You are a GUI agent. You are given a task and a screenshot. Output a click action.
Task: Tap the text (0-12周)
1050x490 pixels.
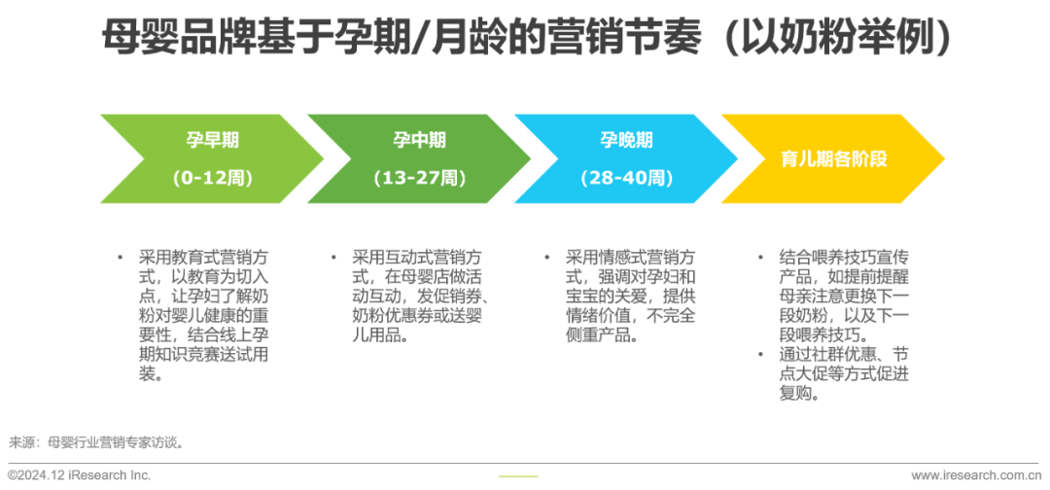212,178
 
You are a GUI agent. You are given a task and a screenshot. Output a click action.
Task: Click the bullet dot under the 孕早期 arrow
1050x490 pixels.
121,258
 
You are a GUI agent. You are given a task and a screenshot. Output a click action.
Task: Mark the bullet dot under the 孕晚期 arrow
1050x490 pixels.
546,258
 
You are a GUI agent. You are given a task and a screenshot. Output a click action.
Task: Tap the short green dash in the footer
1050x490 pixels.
517,475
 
